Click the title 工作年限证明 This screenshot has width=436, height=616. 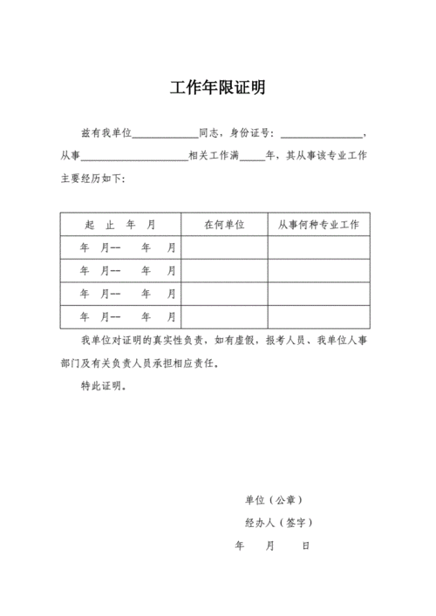coord(217,88)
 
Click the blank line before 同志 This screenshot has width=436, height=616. coord(166,134)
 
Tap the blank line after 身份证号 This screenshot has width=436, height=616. coord(322,134)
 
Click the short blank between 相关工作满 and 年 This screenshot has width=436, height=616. coord(252,157)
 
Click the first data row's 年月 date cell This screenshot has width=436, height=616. coord(120,248)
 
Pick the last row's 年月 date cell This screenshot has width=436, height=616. coord(120,316)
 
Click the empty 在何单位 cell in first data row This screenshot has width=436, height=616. coord(224,248)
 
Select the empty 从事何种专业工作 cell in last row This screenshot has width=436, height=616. coord(319,316)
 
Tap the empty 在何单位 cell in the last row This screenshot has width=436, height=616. coord(224,316)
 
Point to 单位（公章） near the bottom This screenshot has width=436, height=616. coord(274,500)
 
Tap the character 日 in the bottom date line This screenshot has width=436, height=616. coord(305,546)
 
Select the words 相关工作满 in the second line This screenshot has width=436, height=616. coord(214,157)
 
